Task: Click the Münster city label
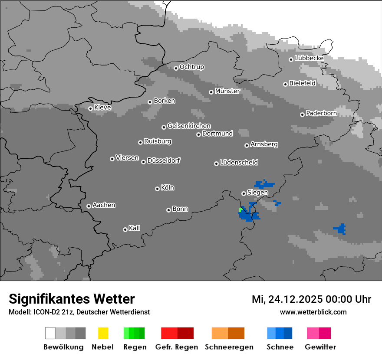[x=227, y=91]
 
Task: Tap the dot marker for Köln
[x=157, y=189]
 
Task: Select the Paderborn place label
[x=321, y=113]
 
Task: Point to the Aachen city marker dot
[x=89, y=206]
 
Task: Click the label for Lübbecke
[x=309, y=58]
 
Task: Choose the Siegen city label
[x=257, y=193]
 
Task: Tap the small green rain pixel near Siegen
[x=240, y=210]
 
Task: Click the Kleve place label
[x=102, y=108]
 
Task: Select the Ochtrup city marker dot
[x=176, y=68]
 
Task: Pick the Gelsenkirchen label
[x=189, y=126]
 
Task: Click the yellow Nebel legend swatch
[x=103, y=333]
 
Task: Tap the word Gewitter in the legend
[x=320, y=347]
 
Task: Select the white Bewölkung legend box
[x=50, y=333]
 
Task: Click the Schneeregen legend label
[x=229, y=347]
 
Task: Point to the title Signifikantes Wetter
[x=72, y=299]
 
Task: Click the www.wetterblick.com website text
[x=313, y=312]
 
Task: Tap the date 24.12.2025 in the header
[x=295, y=299]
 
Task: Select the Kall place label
[x=134, y=228]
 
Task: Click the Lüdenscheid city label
[x=239, y=163]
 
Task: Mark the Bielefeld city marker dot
[x=285, y=84]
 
